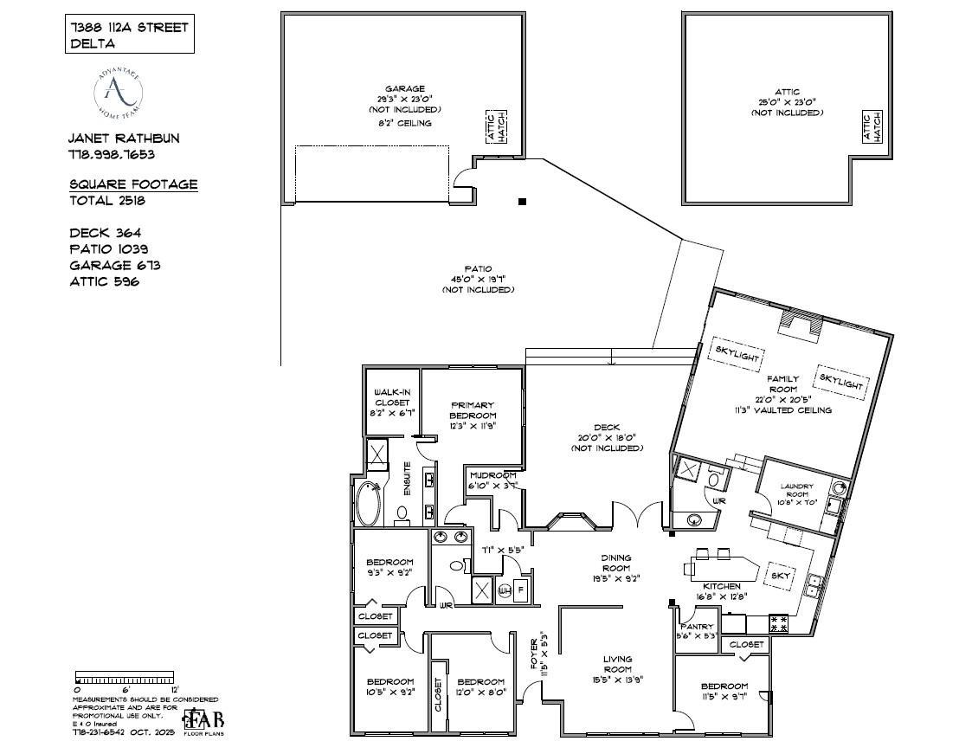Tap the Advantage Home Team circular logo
point(119,93)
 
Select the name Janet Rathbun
point(125,139)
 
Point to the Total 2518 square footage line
point(107,201)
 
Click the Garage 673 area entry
point(114,266)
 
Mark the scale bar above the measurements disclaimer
point(125,676)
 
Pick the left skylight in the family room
point(737,353)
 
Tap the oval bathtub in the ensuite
point(367,504)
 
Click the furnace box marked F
point(521,590)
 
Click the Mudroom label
point(492,480)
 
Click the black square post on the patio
point(522,202)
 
